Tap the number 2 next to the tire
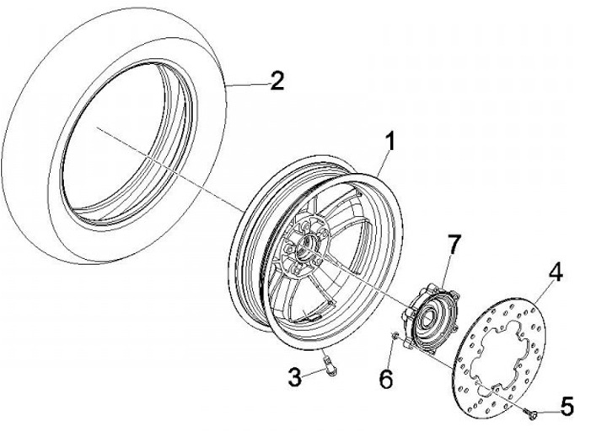277,81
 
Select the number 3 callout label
293,378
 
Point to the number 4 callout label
557,273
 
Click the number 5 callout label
566,406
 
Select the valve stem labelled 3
330,364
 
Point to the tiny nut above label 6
395,338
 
